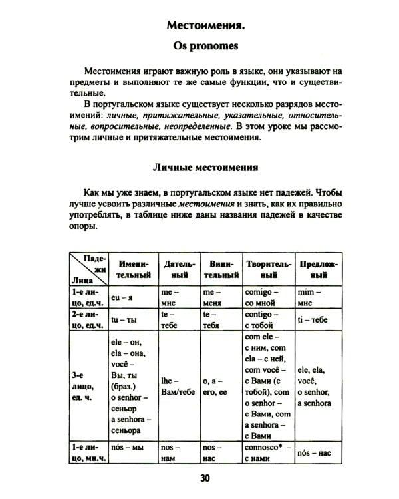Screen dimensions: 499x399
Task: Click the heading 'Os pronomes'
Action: [x=200, y=48]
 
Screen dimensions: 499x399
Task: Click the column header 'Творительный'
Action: [x=268, y=269]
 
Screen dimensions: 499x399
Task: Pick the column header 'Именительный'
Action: [x=131, y=269]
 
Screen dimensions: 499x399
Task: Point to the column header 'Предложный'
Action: [x=319, y=269]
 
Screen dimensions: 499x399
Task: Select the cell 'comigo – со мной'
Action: [x=265, y=297]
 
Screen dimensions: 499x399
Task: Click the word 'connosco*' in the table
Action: [x=262, y=448]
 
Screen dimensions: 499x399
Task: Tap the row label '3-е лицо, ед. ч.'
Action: [x=84, y=386]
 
